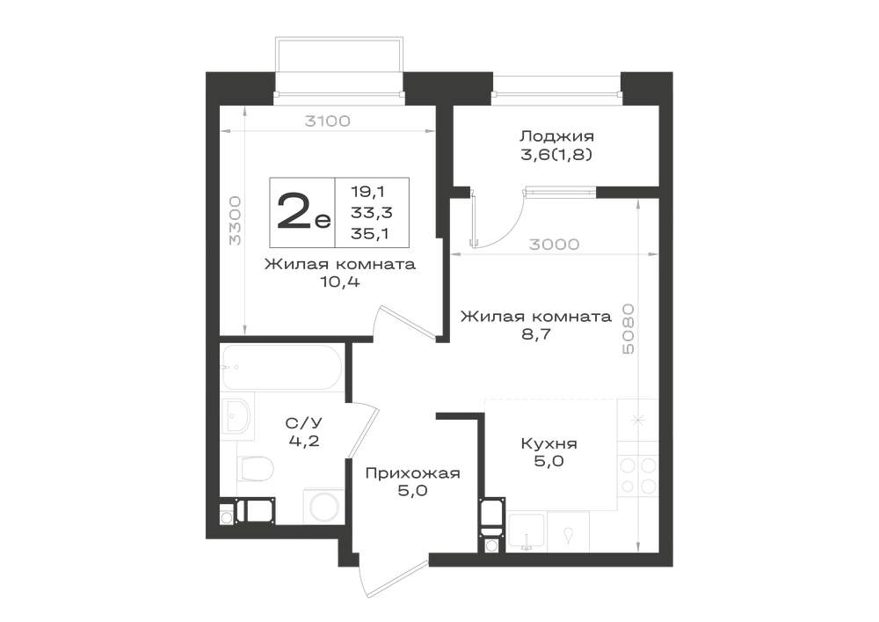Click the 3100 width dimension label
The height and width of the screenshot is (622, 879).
tap(327, 121)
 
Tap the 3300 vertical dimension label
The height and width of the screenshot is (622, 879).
tap(236, 221)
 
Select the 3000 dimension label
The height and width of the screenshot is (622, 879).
tap(554, 244)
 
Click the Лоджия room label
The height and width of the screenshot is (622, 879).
tap(556, 136)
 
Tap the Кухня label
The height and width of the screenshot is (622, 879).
tap(548, 443)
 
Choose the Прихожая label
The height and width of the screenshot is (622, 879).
tap(412, 473)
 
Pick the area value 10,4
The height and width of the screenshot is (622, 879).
tap(339, 282)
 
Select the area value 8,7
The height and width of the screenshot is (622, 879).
tap(536, 334)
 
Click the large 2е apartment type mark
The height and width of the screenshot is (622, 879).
tap(303, 211)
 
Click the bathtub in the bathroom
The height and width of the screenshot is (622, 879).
tap(281, 368)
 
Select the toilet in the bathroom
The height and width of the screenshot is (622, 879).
tap(255, 468)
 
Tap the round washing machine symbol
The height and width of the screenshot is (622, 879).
tap(323, 507)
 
